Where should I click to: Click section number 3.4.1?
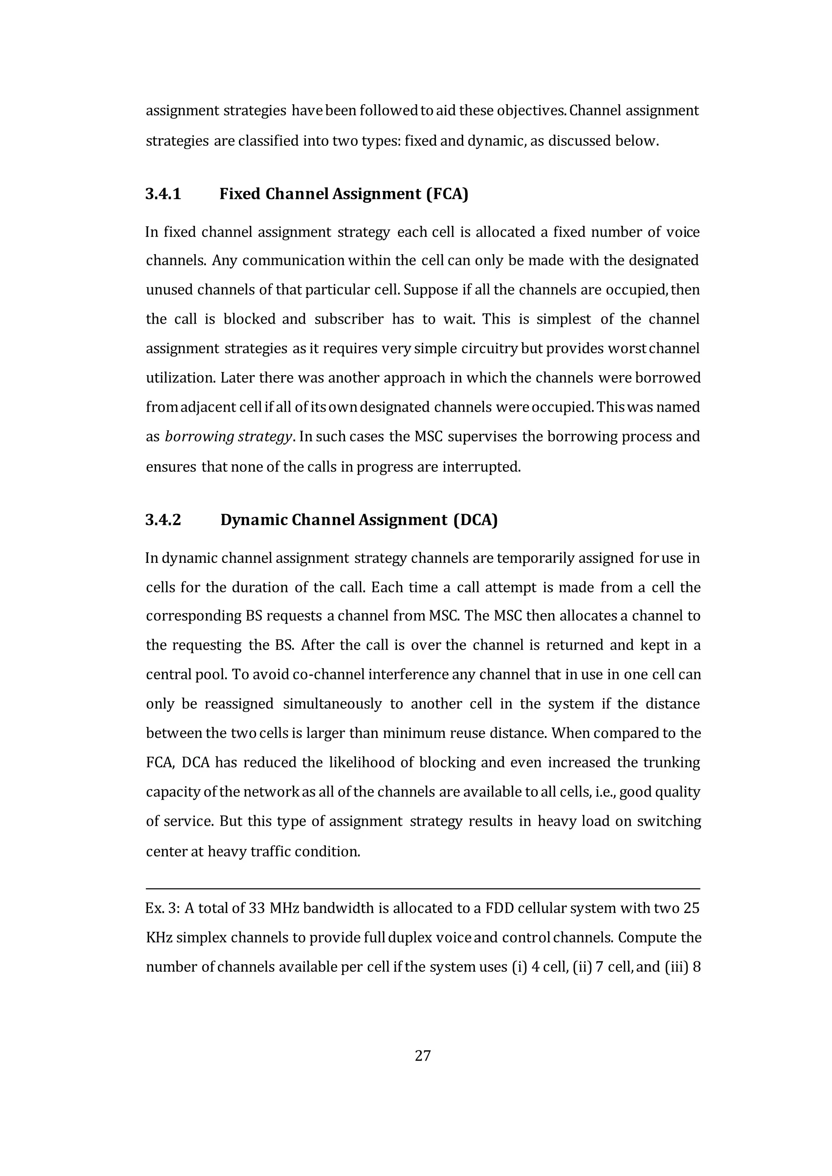click(163, 194)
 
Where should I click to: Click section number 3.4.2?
click(163, 520)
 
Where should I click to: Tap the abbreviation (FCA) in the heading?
click(447, 194)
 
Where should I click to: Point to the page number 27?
click(422, 1055)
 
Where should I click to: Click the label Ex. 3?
click(162, 908)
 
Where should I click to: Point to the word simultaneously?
click(332, 704)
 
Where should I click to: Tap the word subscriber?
click(349, 319)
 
